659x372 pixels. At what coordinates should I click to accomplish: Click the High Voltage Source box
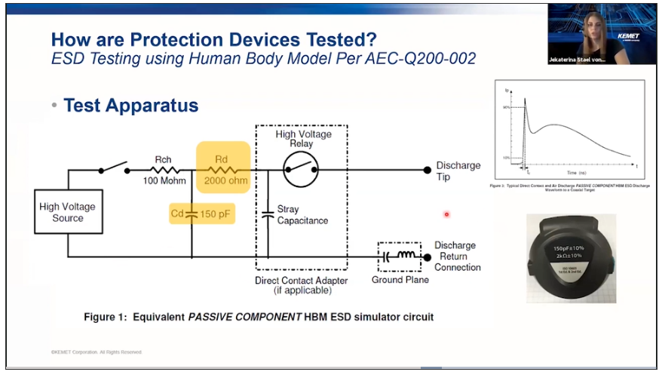click(x=67, y=212)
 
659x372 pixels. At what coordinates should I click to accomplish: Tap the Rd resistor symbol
click(x=222, y=170)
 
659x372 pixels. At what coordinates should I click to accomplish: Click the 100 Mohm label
click(x=164, y=181)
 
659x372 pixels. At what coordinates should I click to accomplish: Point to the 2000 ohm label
click(x=222, y=181)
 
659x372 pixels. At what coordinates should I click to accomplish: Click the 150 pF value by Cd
click(x=216, y=214)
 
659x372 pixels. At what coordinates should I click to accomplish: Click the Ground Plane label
click(x=400, y=280)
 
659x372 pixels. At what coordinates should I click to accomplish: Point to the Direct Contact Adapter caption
click(x=301, y=285)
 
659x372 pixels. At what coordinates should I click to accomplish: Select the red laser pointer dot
click(x=446, y=214)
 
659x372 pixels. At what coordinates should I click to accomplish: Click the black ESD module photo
click(x=570, y=257)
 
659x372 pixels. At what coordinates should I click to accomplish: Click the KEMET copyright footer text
click(x=96, y=352)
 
